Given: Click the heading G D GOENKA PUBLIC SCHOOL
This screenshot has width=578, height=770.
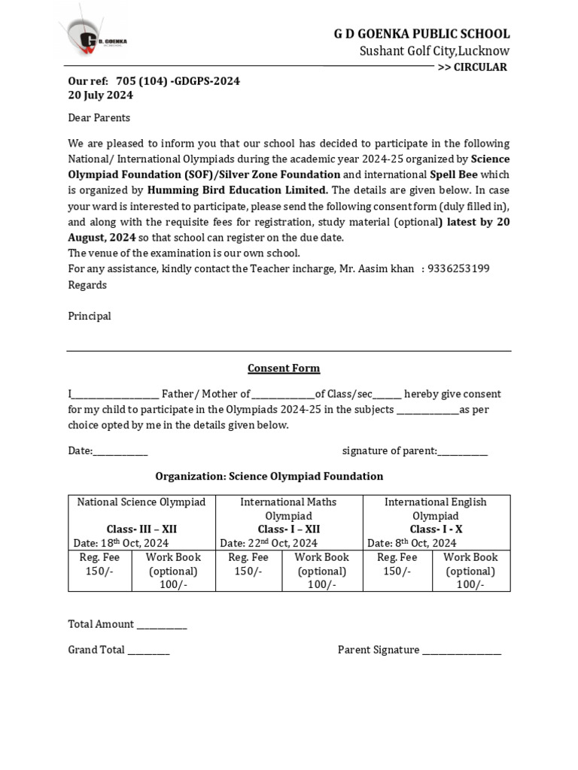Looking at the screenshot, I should pyautogui.click(x=421, y=34).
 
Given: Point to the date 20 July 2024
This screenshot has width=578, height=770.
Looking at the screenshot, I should pyautogui.click(x=100, y=95).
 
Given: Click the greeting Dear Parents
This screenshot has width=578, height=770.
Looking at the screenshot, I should pyautogui.click(x=99, y=117).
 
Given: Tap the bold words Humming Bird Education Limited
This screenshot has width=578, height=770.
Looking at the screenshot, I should pyautogui.click(x=237, y=189).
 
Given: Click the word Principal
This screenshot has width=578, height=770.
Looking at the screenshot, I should pyautogui.click(x=89, y=316).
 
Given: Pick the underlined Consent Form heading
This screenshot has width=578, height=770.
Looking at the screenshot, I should pyautogui.click(x=284, y=368).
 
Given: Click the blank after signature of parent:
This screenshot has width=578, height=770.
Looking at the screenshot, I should pyautogui.click(x=462, y=452).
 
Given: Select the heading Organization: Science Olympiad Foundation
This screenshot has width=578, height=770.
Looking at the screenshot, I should pyautogui.click(x=269, y=476).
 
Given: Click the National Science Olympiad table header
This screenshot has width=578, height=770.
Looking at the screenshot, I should pyautogui.click(x=141, y=502).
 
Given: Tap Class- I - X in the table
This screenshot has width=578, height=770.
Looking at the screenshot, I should pyautogui.click(x=436, y=529).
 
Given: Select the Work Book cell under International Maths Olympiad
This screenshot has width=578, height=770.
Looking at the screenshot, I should pyautogui.click(x=321, y=571).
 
